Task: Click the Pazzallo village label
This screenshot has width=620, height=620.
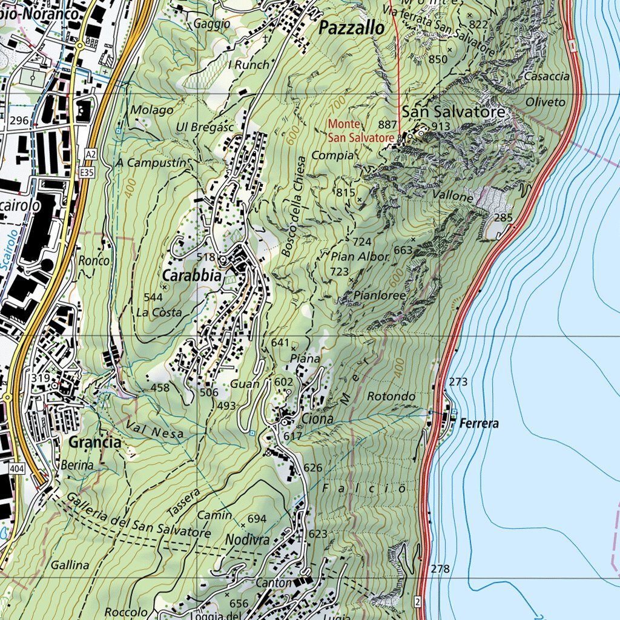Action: [351, 28]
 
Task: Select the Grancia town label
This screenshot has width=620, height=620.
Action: [95, 443]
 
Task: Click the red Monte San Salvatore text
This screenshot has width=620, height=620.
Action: [361, 131]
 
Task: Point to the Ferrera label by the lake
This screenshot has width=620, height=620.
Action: [479, 424]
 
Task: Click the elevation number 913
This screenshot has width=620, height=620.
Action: [441, 126]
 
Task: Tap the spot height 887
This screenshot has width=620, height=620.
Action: [387, 124]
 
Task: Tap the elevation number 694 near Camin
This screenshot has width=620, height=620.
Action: [257, 519]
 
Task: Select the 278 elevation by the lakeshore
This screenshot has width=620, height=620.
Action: [441, 569]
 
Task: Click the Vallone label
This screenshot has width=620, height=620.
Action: [453, 197]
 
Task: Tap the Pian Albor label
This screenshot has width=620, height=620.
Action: [360, 257]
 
